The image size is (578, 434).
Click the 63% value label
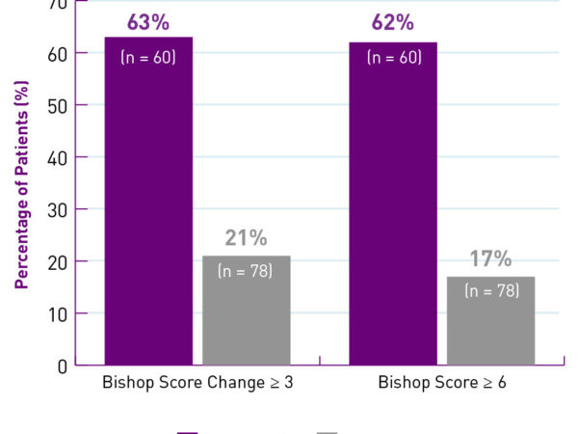point(148,22)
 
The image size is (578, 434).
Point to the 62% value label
point(393,22)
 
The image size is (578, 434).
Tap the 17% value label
point(490,259)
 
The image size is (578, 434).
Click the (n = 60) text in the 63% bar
point(148,57)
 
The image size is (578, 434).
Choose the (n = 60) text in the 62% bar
point(393,57)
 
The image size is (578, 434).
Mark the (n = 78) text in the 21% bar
point(247,271)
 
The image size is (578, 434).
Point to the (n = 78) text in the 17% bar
point(490,290)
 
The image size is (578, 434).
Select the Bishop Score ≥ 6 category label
point(442,383)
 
